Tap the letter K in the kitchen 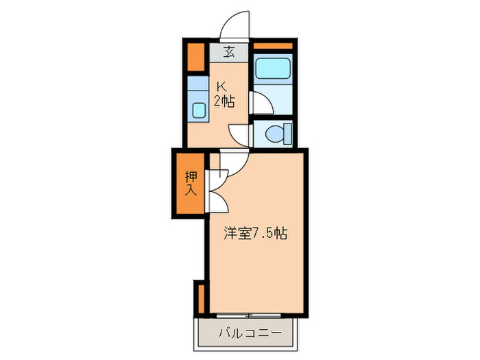point(221,87)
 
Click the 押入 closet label point(191,183)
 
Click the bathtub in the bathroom point(273,69)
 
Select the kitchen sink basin point(199,110)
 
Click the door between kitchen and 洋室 point(232,163)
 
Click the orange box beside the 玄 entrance point(197,58)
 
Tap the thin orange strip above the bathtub point(273,46)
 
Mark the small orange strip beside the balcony point(201,297)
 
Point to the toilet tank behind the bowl point(287,132)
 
